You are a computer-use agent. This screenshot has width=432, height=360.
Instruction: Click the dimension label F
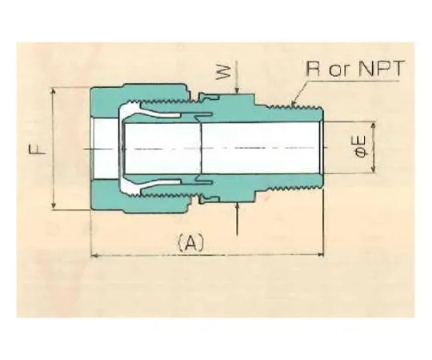pos(43,149)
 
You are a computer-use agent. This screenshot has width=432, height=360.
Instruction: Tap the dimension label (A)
pos(190,242)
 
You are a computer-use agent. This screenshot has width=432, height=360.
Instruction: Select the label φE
pos(361,148)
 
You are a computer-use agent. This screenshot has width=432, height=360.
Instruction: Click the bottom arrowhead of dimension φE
pos(372,173)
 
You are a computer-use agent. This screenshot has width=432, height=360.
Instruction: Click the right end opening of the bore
pos(322,149)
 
